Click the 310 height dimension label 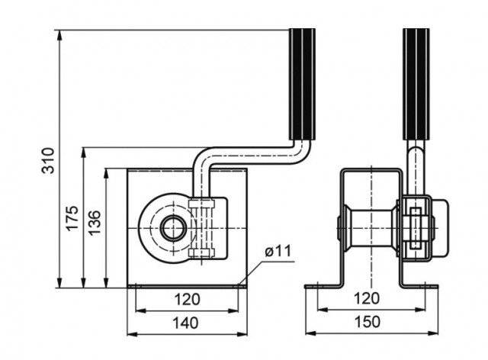coord(48,160)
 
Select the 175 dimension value coord(72,217)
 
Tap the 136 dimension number coord(95,223)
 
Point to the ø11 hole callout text coord(278,251)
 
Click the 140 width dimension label coord(185,323)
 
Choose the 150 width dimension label coord(368,322)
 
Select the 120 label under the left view coord(187,299)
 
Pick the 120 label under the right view coord(367,298)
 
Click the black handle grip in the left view coord(302,84)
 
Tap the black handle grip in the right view coord(416,84)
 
